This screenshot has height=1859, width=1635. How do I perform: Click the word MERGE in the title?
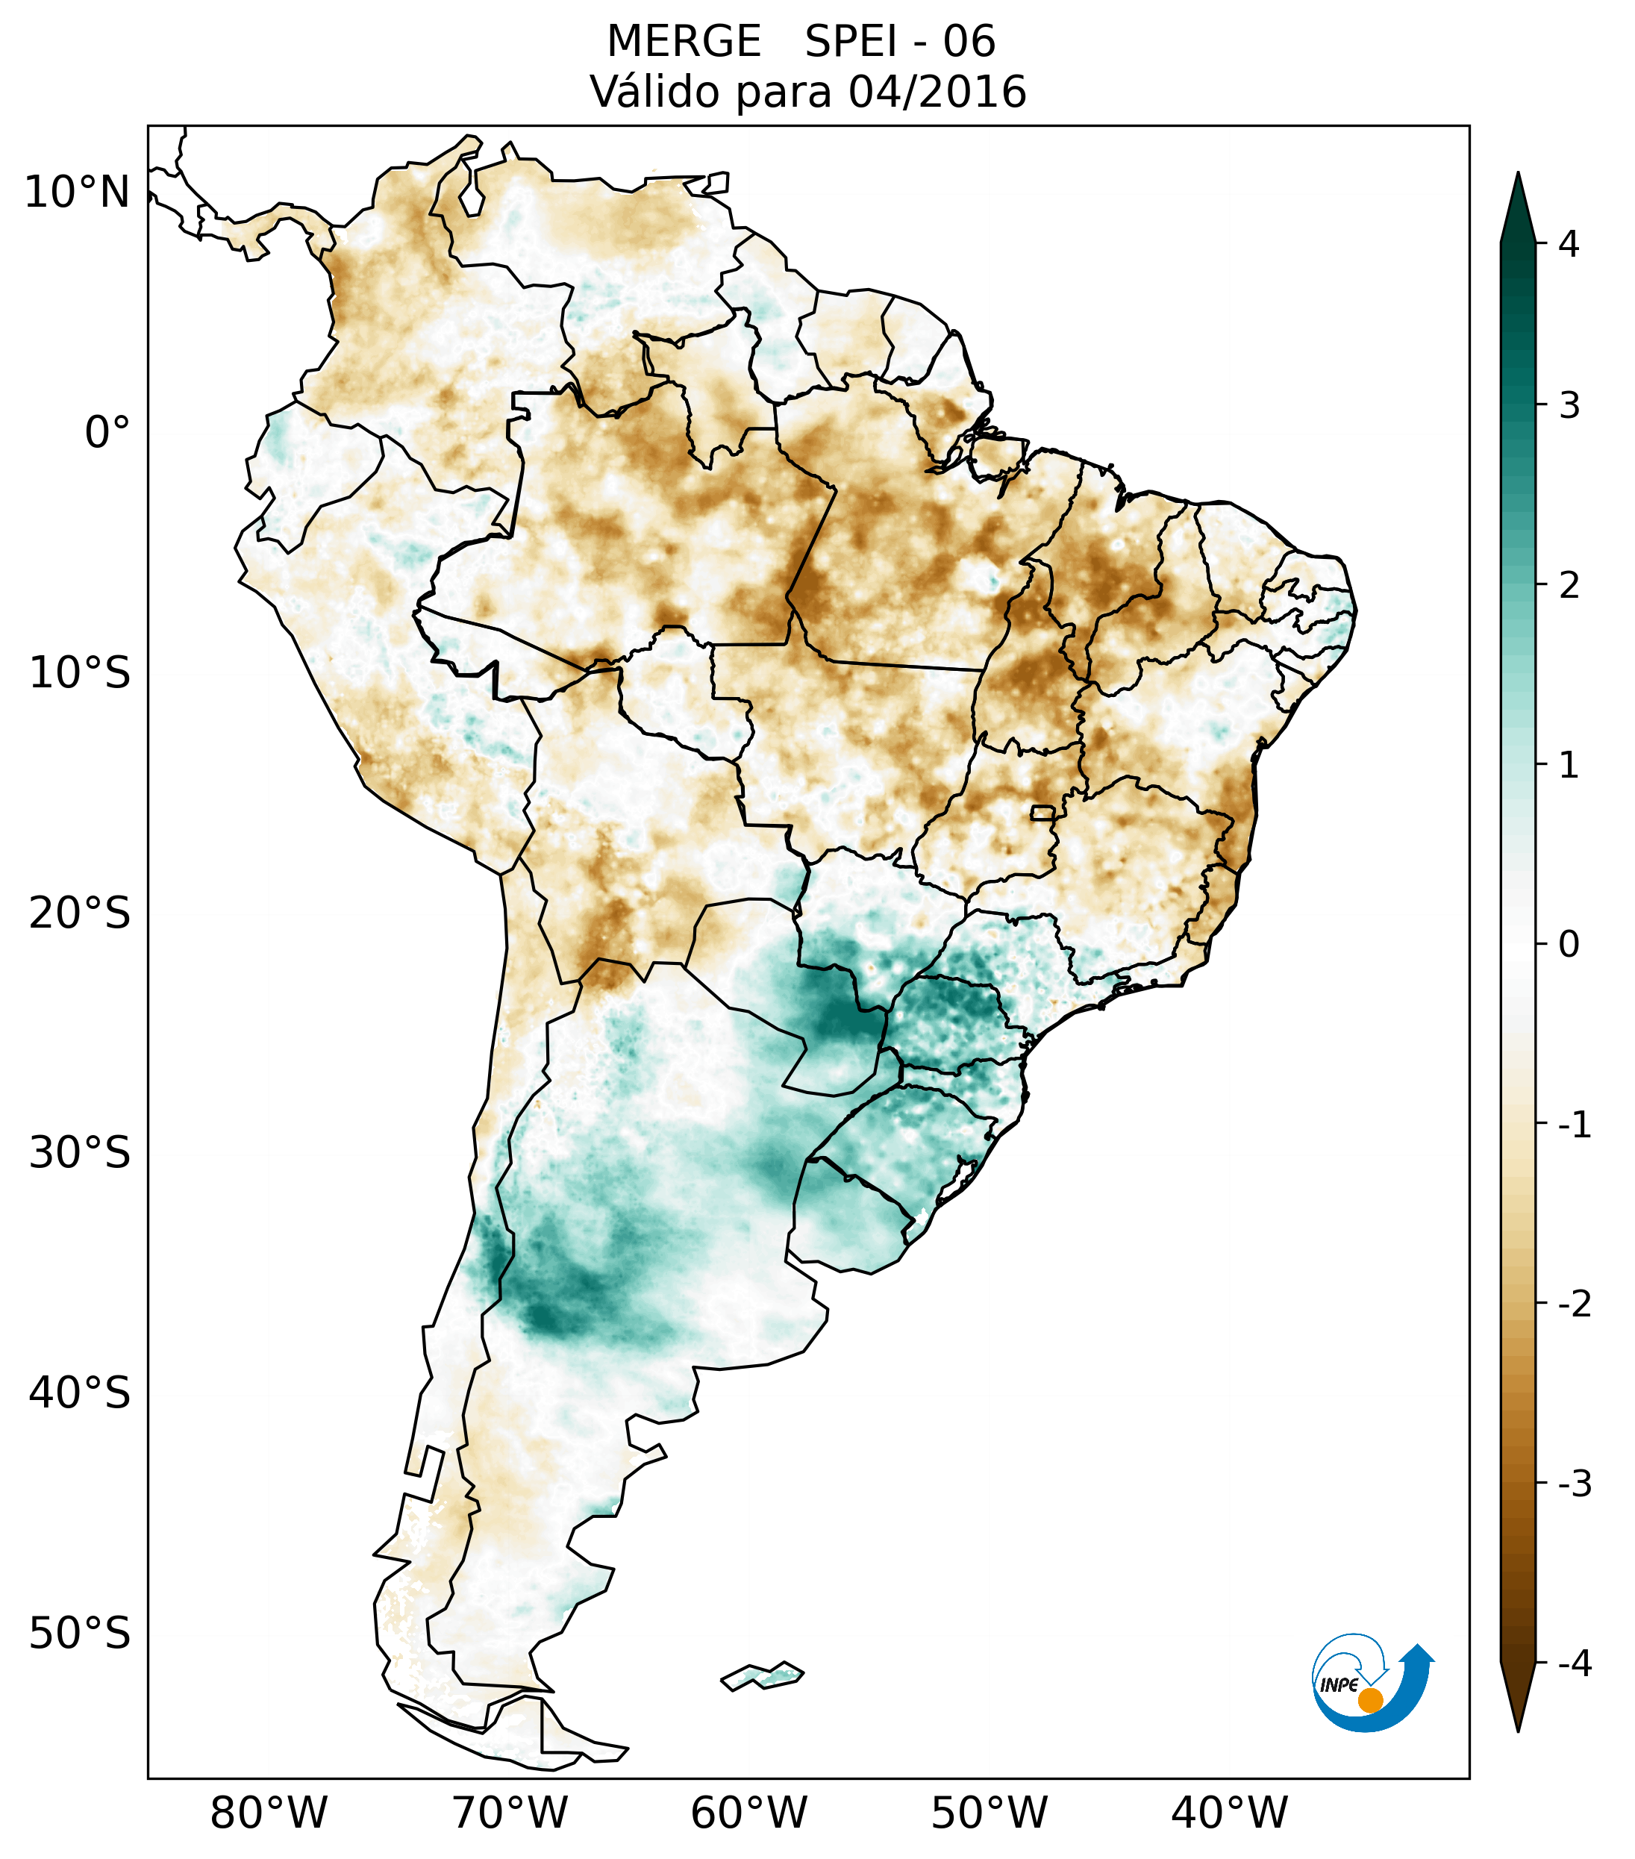point(684,42)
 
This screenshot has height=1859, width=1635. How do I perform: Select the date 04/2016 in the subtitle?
point(937,92)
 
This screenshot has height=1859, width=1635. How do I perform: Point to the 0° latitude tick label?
point(107,432)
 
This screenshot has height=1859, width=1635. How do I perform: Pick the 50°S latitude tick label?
point(80,1634)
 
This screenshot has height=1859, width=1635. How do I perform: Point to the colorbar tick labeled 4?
point(1569,244)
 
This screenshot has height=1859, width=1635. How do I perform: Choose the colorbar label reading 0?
point(1569,945)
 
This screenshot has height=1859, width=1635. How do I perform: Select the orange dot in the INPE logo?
point(1370,1700)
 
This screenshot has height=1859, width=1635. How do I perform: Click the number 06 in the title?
point(969,42)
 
